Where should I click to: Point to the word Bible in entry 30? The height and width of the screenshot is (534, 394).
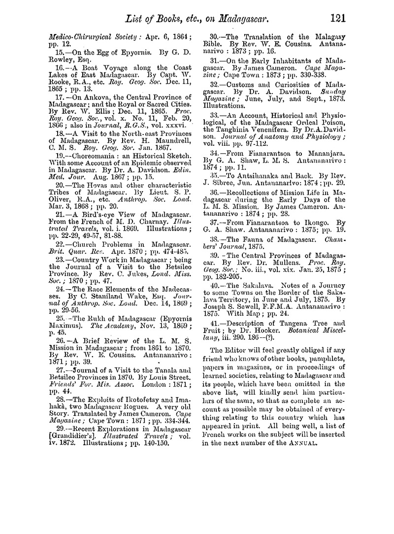pyautogui.click(x=215, y=45)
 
